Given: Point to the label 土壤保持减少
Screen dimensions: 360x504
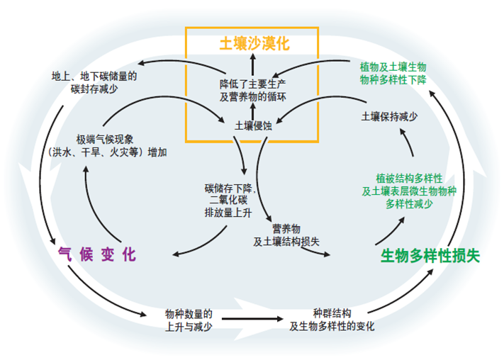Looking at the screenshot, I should (390, 118).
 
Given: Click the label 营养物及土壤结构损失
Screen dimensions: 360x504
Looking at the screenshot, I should (286, 235).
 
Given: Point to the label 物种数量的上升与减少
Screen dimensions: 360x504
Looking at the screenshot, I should (189, 320).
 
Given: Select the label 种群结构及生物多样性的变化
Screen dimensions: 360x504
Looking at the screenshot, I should (332, 320).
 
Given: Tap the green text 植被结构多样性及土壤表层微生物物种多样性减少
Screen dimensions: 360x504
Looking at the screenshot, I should (404, 191).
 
